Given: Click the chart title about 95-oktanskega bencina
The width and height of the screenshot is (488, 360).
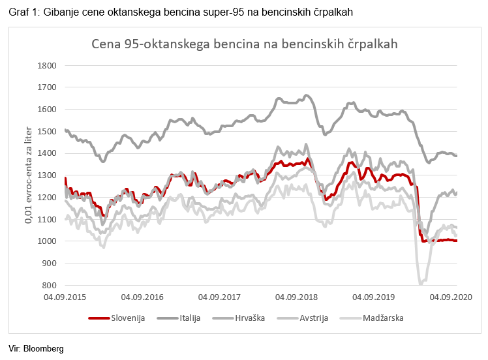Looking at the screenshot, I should [x=244, y=44].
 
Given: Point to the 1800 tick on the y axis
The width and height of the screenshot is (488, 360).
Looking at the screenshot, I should [x=48, y=65].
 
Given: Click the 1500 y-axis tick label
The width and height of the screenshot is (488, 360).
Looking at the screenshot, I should [x=48, y=131].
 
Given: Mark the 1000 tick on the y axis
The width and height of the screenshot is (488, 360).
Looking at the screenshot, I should [x=48, y=241].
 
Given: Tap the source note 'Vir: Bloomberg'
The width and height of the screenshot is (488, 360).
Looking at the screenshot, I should [x=37, y=348].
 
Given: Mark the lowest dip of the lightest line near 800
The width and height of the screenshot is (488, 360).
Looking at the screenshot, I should [x=421, y=283].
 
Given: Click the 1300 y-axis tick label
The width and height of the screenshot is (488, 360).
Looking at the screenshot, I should [x=48, y=175].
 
